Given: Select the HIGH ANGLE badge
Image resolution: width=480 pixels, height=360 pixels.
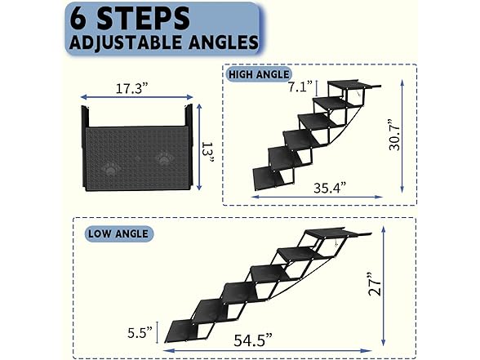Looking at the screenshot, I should pyautogui.click(x=259, y=74).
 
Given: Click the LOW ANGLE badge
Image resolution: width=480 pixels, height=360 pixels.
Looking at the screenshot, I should pyautogui.click(x=118, y=233).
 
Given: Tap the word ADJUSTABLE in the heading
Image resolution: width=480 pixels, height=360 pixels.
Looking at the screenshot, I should pyautogui.click(x=122, y=42).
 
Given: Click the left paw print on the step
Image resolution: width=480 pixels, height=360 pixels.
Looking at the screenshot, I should pyautogui.click(x=113, y=162).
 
